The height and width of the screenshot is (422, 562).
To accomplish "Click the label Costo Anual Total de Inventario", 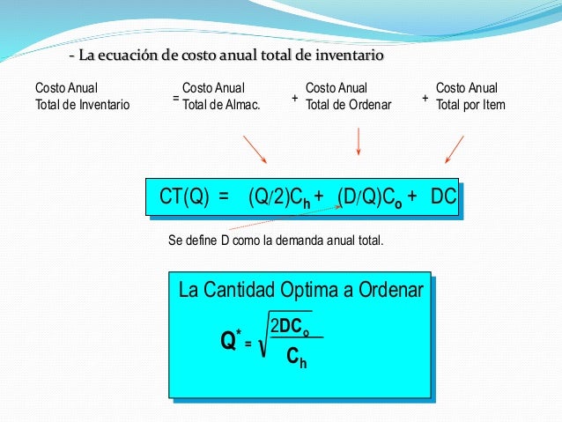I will (82, 96).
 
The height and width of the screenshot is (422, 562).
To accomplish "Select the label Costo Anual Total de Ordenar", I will (348, 96).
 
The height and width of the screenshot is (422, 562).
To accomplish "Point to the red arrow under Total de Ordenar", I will (358, 141).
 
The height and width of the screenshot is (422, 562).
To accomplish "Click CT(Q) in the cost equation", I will (184, 196).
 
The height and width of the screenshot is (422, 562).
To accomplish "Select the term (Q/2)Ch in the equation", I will (279, 196).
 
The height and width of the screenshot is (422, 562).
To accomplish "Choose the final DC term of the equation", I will (443, 196).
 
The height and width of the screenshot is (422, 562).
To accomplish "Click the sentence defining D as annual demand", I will (276, 238).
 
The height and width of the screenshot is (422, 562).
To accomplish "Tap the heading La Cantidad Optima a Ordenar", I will (300, 289).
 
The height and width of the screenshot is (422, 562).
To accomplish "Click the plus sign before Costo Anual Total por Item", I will (425, 97).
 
